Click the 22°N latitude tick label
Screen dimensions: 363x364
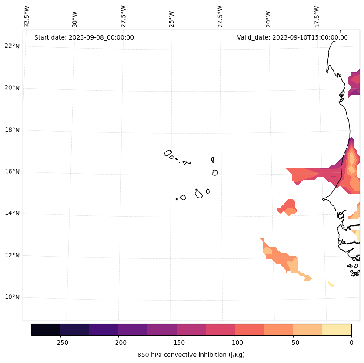click(12, 46)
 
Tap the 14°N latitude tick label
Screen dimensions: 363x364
click(12, 213)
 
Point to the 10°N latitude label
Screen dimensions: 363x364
click(12, 297)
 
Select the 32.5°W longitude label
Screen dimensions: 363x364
click(27, 16)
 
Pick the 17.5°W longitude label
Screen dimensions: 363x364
click(317, 16)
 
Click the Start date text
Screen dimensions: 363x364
click(84, 37)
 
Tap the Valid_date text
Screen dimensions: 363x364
click(292, 37)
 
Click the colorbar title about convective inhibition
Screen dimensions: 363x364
click(191, 355)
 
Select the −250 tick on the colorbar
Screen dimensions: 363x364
click(60, 342)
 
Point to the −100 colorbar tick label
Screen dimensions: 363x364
click(235, 342)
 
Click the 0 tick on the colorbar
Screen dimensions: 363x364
click(351, 342)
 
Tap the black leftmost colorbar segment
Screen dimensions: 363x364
click(46, 330)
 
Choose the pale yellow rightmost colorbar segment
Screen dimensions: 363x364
click(337, 330)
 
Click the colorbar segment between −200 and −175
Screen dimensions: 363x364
click(133, 330)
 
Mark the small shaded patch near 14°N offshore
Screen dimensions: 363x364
click(288, 207)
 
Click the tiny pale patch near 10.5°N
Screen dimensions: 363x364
click(331, 284)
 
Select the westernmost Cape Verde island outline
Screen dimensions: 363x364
click(168, 153)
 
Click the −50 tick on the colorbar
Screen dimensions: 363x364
click(293, 342)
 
